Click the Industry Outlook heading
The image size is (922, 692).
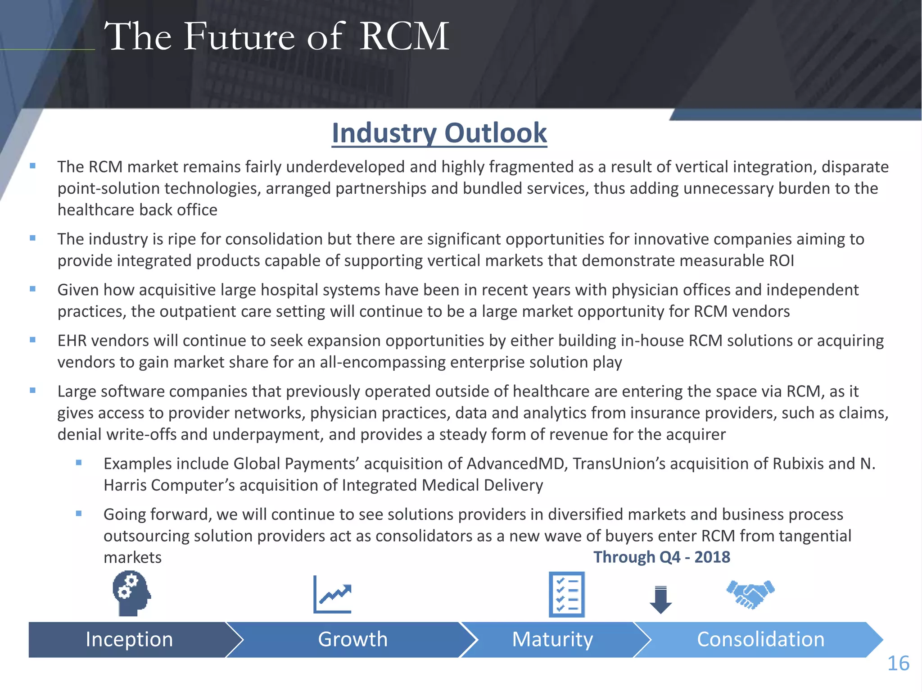point(439,133)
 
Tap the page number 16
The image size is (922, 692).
point(898,664)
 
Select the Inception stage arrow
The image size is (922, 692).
point(129,639)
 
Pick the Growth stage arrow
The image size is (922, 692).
point(353,639)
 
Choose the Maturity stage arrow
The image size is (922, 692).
point(552,639)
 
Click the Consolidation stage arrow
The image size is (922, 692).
point(760,639)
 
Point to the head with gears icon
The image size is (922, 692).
point(131,593)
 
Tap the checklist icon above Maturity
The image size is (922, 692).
point(567,594)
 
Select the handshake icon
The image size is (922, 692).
point(750,594)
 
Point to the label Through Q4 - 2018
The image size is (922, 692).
point(661,557)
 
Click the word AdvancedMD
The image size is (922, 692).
point(515,464)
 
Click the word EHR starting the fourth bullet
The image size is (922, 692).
point(72,341)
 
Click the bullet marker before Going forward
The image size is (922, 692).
point(79,513)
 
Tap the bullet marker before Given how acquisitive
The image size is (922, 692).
point(32,289)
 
